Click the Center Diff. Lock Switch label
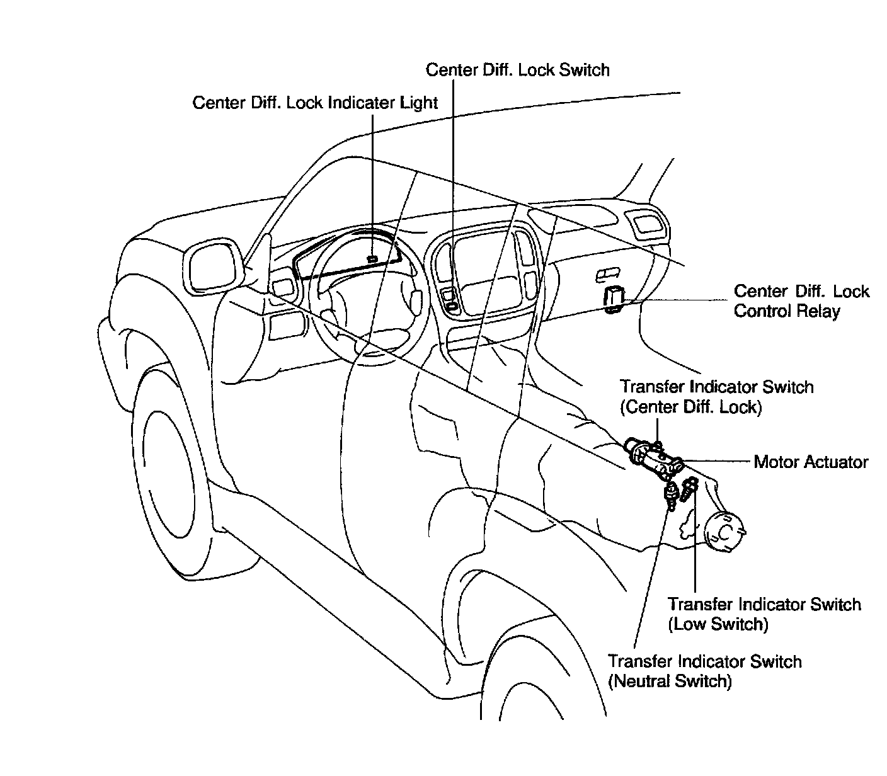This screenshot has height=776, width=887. (517, 69)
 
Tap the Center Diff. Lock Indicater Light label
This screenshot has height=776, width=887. (315, 103)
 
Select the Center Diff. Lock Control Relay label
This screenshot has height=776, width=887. (801, 301)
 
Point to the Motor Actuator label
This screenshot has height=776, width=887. (811, 462)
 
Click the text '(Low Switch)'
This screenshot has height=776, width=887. (718, 624)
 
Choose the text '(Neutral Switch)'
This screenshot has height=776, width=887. (670, 681)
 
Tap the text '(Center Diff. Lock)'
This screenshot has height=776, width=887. (691, 407)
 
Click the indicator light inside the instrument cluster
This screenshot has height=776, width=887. (373, 259)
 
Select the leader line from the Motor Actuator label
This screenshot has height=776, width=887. (718, 462)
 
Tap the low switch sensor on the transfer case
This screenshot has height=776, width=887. (691, 487)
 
